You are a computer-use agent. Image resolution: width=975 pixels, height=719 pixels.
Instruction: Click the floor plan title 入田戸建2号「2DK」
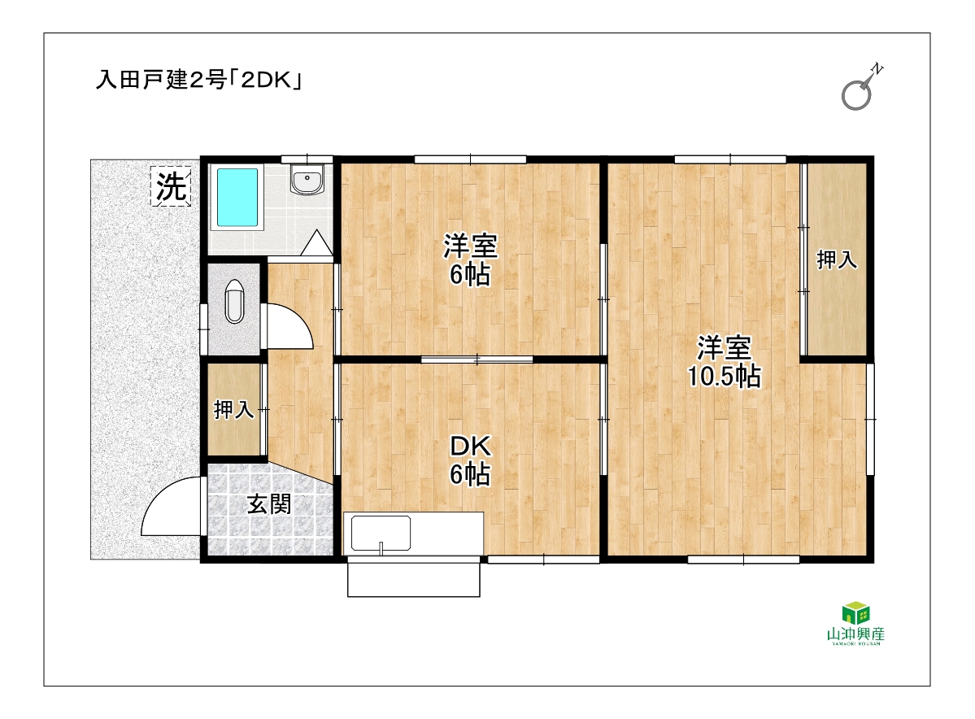point(199,80)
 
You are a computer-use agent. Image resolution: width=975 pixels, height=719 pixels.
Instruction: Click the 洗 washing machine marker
point(171,185)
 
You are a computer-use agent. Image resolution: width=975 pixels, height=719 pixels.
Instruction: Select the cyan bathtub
point(237,197)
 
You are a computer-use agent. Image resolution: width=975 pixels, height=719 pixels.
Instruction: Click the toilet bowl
point(234,302)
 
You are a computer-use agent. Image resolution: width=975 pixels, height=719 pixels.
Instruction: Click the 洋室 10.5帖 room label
point(724,361)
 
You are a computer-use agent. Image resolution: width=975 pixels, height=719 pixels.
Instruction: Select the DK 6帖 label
point(470,460)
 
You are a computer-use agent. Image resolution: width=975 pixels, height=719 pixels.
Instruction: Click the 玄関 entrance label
point(268,503)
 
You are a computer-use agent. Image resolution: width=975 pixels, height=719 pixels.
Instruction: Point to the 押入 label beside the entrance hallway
point(234,409)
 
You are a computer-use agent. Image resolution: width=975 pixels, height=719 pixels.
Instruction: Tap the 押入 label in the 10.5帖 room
point(836,259)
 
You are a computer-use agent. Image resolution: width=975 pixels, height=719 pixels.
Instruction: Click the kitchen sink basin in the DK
point(381,533)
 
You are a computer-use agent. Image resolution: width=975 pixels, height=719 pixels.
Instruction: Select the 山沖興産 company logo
point(855,624)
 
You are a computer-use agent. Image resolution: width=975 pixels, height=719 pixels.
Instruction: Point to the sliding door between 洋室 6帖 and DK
point(477,359)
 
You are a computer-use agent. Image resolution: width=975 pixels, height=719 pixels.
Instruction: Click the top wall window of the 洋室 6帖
point(470,159)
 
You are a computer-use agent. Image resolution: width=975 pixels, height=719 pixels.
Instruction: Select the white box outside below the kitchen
point(414,577)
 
